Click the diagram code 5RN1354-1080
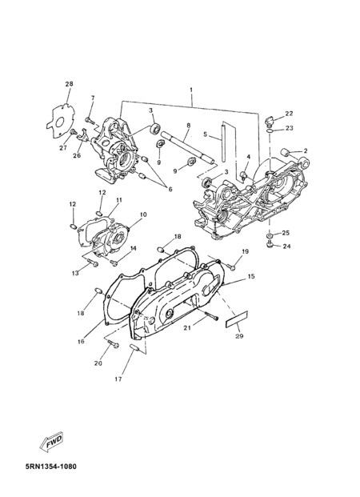[x=50, y=467]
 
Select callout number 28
[x=69, y=84]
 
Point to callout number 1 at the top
[x=191, y=90]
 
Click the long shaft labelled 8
[x=188, y=149]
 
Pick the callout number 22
[x=289, y=114]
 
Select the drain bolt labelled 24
[x=270, y=245]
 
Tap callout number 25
[x=286, y=233]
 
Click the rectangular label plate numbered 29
[x=237, y=319]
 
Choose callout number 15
[x=251, y=276]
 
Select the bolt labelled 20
[x=113, y=343]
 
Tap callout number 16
[x=81, y=341]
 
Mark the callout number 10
[x=143, y=214]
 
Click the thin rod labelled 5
[x=224, y=142]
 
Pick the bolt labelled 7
[x=89, y=120]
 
